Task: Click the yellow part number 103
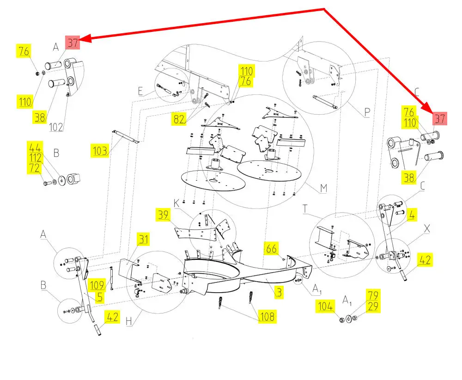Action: pyautogui.click(x=100, y=151)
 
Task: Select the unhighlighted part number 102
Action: pyautogui.click(x=56, y=127)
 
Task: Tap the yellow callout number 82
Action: pyautogui.click(x=179, y=119)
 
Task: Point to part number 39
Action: pyautogui.click(x=163, y=215)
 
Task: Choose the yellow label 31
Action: pyautogui.click(x=144, y=239)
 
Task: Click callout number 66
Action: pyautogui.click(x=271, y=249)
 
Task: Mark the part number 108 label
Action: pyautogui.click(x=267, y=317)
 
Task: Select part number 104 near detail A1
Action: pyautogui.click(x=325, y=306)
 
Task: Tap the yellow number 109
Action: pyautogui.click(x=97, y=285)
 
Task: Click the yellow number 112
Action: pyautogui.click(x=35, y=158)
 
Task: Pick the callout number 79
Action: pyautogui.click(x=373, y=295)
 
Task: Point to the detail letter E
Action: pyautogui.click(x=140, y=92)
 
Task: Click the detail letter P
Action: pyautogui.click(x=367, y=112)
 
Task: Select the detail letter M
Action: pyautogui.click(x=323, y=188)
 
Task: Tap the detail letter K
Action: pyautogui.click(x=176, y=203)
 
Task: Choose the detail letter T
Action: pyautogui.click(x=305, y=208)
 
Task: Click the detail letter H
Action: pyautogui.click(x=129, y=321)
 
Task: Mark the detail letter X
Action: pyautogui.click(x=426, y=228)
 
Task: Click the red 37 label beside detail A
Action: pyautogui.click(x=73, y=43)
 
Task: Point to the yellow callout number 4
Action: pyautogui.click(x=412, y=215)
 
